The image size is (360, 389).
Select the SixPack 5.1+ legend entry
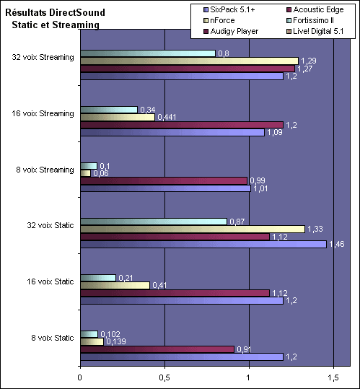click(x=229, y=9)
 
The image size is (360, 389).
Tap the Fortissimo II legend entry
click(x=310, y=20)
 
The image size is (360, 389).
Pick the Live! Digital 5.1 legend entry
click(x=315, y=31)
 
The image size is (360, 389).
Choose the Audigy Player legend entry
click(x=231, y=31)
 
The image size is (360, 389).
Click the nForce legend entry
click(x=219, y=20)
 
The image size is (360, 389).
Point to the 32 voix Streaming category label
click(x=43, y=57)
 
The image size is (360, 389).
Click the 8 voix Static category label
click(x=53, y=338)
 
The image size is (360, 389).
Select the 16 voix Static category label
click(x=51, y=281)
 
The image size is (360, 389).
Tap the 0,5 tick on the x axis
click(x=164, y=377)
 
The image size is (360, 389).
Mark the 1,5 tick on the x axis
click(x=333, y=377)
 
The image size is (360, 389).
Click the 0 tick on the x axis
click(x=79, y=377)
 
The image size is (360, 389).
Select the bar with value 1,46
click(x=203, y=245)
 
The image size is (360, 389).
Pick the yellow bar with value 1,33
click(x=193, y=230)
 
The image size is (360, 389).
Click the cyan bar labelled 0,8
click(x=148, y=53)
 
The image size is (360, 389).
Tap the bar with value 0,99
click(x=164, y=181)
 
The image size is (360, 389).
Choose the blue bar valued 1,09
click(x=172, y=133)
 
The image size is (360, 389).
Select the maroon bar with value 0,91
click(x=157, y=349)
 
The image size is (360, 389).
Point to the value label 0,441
click(x=167, y=117)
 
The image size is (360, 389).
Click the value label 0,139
click(x=116, y=341)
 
